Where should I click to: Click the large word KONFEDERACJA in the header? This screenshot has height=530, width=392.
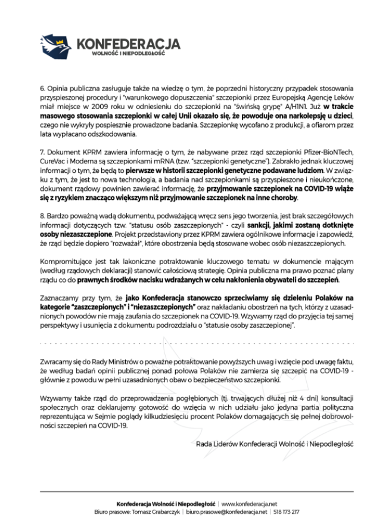tap(128, 43)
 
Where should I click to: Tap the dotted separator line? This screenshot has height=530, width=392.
tap(196, 344)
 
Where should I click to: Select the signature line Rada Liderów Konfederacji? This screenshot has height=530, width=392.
tap(275, 444)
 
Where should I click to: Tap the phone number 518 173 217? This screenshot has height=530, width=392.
tap(286, 512)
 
